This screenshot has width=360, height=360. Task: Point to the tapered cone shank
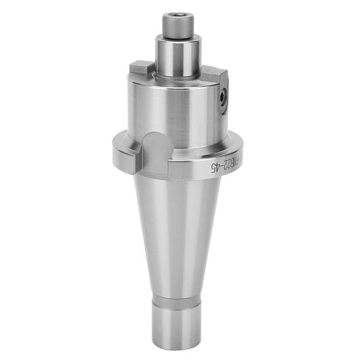pyautogui.click(x=180, y=236)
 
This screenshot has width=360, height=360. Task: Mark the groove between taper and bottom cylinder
pyautogui.click(x=180, y=295)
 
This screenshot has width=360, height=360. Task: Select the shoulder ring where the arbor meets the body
pyautogui.click(x=180, y=77)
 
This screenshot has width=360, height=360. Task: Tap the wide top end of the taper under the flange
pyautogui.click(x=180, y=184)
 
